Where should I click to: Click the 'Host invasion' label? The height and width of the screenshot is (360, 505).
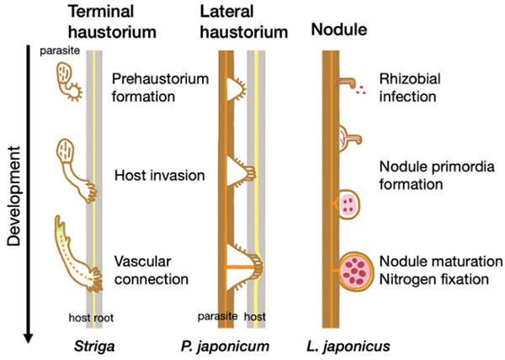point(159,177)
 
